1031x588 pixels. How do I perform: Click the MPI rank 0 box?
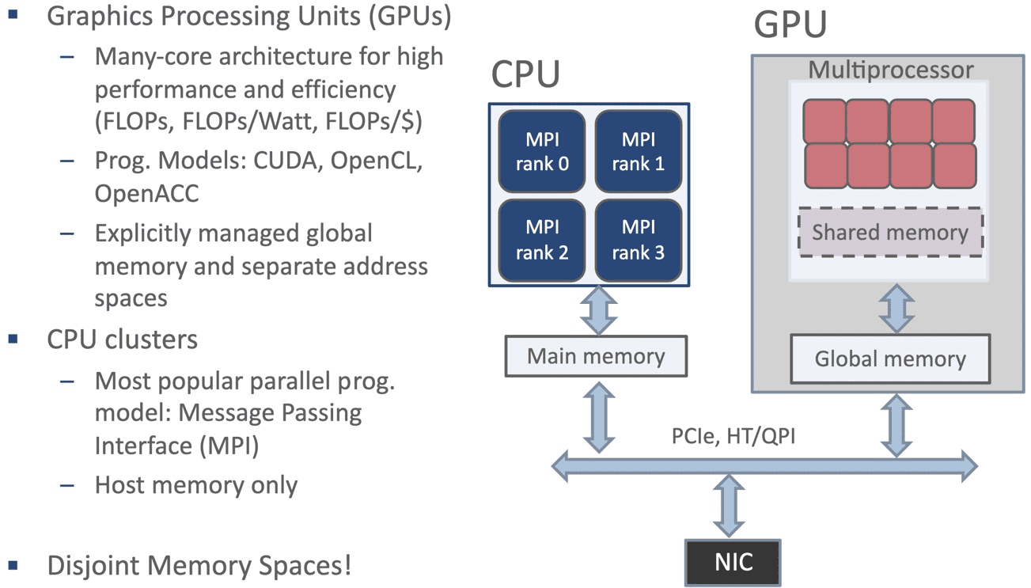point(542,151)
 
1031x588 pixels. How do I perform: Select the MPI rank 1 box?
point(638,151)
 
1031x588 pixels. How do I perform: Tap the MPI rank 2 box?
point(542,240)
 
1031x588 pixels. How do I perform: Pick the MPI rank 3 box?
point(638,240)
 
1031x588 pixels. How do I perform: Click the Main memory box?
point(596,356)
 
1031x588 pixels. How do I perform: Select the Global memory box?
point(890,358)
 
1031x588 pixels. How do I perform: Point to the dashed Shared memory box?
point(890,232)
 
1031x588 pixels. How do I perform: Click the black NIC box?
point(733,563)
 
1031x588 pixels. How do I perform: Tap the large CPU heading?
point(525,74)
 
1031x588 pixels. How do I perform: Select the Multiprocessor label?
point(890,70)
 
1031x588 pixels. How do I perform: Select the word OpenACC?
point(146,192)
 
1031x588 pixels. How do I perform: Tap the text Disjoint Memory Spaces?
point(199,566)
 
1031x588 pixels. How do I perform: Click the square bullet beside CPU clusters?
point(13,340)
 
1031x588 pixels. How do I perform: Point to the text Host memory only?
point(195,484)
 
